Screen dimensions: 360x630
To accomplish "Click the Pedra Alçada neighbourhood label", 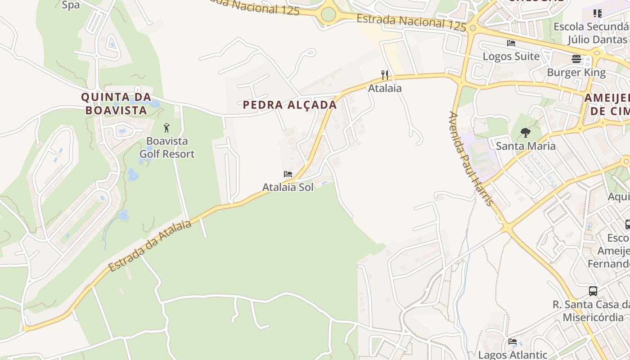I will [x=290, y=105].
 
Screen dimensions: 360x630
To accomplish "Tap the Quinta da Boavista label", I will [x=116, y=103].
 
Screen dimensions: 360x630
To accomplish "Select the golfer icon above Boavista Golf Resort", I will [x=166, y=128].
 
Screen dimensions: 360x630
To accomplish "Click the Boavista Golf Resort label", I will [x=167, y=148].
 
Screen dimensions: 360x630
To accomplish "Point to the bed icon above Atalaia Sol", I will [x=288, y=174].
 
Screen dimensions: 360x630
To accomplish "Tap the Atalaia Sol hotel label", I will [x=288, y=187].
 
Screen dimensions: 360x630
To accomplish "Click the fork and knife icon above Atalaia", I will [x=385, y=75].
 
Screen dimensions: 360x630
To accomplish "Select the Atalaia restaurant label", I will [x=385, y=88].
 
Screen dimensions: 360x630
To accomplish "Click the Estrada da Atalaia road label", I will [x=150, y=246].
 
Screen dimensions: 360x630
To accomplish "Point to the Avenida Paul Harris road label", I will [x=471, y=158].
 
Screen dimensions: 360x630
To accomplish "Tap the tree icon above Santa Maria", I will [x=525, y=133].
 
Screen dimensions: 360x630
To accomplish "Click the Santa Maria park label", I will [x=526, y=146].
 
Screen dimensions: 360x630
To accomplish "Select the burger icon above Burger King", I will [x=576, y=58].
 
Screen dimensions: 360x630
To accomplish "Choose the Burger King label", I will [x=576, y=72].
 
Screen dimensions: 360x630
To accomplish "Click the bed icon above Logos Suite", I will [x=511, y=43].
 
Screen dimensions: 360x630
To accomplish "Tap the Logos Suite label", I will [x=511, y=56].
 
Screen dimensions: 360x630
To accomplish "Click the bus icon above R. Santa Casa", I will [x=593, y=291].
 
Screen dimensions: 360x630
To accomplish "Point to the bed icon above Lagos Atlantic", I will [x=513, y=342].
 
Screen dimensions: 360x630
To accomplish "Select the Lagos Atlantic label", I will [x=513, y=355].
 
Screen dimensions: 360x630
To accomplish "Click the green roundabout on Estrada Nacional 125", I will [x=328, y=14].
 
